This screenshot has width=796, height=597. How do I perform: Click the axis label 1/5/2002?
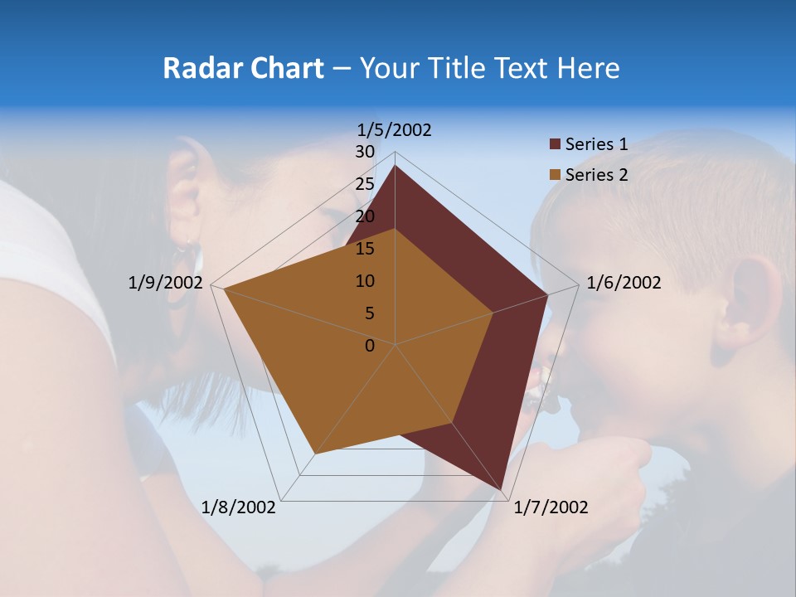click(394, 130)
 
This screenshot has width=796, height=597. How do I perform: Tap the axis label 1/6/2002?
click(624, 283)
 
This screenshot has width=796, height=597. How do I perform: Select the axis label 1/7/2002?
click(551, 507)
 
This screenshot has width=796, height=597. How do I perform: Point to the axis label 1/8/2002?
click(239, 507)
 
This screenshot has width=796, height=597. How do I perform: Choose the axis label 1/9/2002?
click(165, 283)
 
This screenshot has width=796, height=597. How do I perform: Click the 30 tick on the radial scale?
click(365, 152)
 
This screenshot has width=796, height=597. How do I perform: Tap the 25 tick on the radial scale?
click(365, 184)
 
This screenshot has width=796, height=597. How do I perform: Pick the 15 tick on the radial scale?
click(365, 249)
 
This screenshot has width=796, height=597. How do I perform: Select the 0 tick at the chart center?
click(370, 346)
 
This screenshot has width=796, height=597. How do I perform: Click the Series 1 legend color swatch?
click(556, 145)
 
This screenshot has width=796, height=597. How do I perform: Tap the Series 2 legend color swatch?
click(556, 175)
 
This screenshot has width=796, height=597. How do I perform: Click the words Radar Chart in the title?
click(243, 68)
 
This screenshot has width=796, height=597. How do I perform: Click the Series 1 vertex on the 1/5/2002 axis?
click(395, 166)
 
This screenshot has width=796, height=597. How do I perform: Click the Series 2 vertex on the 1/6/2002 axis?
click(493, 313)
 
